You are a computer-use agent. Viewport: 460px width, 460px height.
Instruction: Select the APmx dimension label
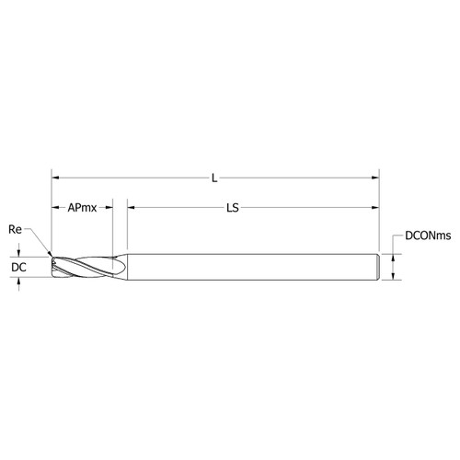pyautogui.click(x=82, y=209)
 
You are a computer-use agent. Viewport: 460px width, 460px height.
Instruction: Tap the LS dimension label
pyautogui.click(x=233, y=209)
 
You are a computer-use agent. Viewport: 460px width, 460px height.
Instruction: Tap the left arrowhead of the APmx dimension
pyautogui.click(x=54, y=209)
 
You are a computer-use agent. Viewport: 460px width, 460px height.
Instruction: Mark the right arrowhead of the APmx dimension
pyautogui.click(x=109, y=209)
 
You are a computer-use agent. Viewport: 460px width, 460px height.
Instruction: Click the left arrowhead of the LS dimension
pyautogui.click(x=130, y=209)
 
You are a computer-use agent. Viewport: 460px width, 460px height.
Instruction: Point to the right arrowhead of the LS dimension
pyautogui.click(x=376, y=209)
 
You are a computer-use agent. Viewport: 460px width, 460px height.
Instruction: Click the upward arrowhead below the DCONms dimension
pyautogui.click(x=394, y=280)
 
